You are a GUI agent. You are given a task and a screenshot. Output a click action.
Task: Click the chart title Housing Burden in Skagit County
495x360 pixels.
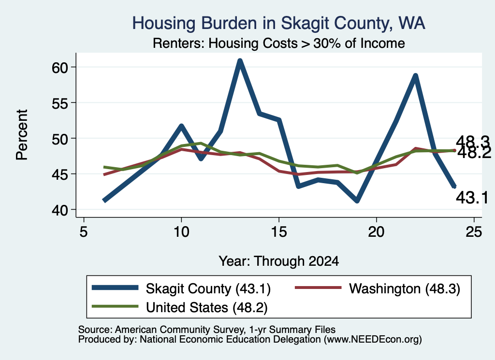tap(278, 23)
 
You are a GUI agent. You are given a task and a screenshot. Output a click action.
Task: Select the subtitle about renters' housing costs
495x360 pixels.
tap(279, 43)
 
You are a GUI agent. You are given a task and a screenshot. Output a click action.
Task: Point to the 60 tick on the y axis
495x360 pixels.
tap(60, 68)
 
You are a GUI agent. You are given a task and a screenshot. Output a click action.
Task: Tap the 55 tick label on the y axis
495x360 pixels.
tap(60, 103)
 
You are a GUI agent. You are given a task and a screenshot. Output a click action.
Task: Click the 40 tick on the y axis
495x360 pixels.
tap(60, 210)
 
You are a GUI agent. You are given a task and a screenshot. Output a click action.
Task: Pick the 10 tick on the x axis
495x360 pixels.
tap(181, 232)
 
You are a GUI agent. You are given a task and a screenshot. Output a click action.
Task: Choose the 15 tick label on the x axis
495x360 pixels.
tap(279, 232)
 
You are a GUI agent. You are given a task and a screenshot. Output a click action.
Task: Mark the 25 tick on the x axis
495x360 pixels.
tap(474, 232)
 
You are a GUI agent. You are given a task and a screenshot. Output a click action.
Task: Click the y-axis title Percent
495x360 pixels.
tap(22, 135)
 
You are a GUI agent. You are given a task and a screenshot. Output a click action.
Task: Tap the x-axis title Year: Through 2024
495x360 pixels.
tap(279, 261)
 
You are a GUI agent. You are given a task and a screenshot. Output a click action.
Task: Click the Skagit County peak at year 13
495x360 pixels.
tap(240, 60)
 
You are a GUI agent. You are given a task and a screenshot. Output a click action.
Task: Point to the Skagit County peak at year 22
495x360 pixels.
tap(415, 75)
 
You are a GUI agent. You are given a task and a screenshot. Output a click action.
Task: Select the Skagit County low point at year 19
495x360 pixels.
tap(357, 201)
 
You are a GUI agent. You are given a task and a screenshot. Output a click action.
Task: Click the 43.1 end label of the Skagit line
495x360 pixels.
tap(472, 198)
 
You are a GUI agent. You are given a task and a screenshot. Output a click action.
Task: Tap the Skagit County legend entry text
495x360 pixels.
tap(208, 288)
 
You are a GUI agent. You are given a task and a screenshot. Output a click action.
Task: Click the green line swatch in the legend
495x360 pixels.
tap(115, 306)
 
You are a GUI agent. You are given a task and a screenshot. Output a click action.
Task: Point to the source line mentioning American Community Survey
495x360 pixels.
tap(207, 330)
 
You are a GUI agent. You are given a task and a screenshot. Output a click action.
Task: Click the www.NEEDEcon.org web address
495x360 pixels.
tap(373, 339)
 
